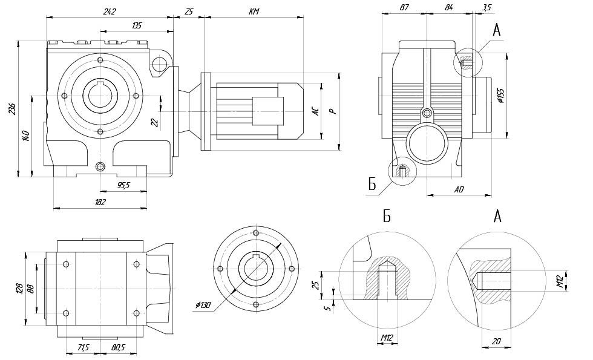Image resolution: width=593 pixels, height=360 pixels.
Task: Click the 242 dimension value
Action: (109, 11)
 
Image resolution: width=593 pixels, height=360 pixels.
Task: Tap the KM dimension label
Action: (254, 11)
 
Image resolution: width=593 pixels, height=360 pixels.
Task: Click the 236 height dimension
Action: (12, 109)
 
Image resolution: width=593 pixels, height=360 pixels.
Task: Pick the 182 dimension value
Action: (100, 202)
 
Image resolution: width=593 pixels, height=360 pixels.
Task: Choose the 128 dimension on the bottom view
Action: (19, 287)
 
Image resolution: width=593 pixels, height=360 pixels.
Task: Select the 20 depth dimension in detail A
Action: (496, 341)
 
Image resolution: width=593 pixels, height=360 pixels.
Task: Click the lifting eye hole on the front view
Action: (159, 62)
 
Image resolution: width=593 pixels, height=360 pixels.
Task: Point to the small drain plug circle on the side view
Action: (428, 113)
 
